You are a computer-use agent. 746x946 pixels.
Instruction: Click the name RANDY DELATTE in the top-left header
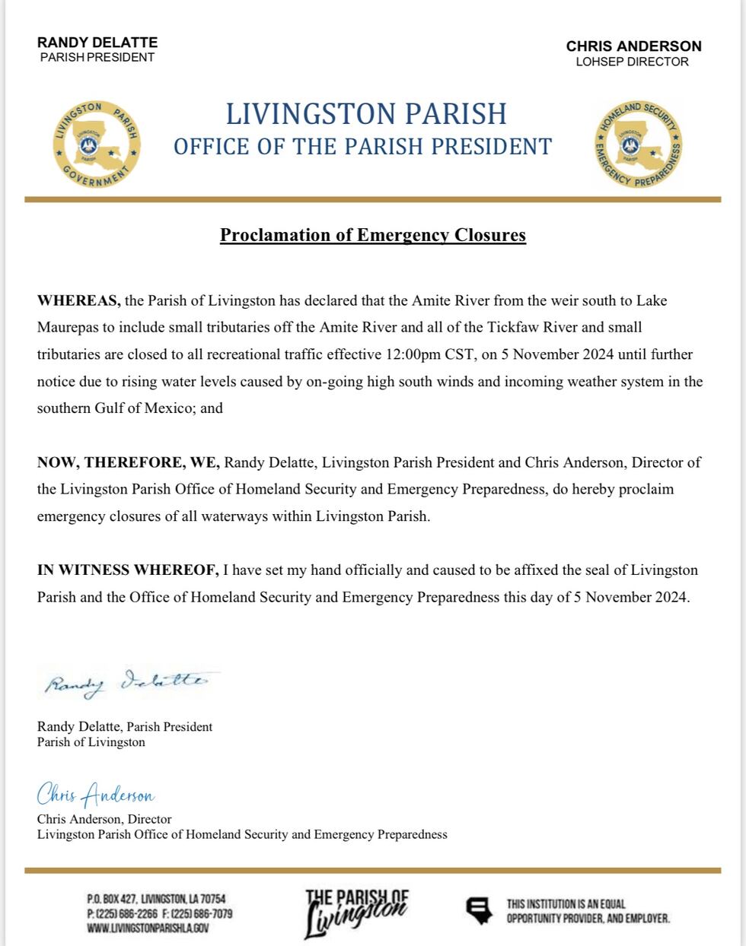(x=97, y=42)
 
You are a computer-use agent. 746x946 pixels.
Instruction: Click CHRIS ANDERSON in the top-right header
(x=633, y=46)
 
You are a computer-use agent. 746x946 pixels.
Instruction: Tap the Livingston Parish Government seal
(x=96, y=142)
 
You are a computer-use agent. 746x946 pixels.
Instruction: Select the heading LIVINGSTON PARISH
(x=366, y=114)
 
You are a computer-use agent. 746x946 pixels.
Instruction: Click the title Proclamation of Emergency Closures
(x=373, y=235)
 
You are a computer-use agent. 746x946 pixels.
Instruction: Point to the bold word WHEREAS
(x=78, y=300)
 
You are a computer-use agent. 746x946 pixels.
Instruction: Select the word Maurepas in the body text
(x=65, y=328)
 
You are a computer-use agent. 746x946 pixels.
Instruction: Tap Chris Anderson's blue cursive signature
(x=96, y=795)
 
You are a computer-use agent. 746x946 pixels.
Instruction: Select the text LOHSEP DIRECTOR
(x=632, y=62)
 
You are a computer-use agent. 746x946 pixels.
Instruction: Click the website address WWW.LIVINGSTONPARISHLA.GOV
(x=148, y=927)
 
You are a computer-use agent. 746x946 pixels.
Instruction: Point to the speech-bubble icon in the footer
(x=477, y=910)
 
